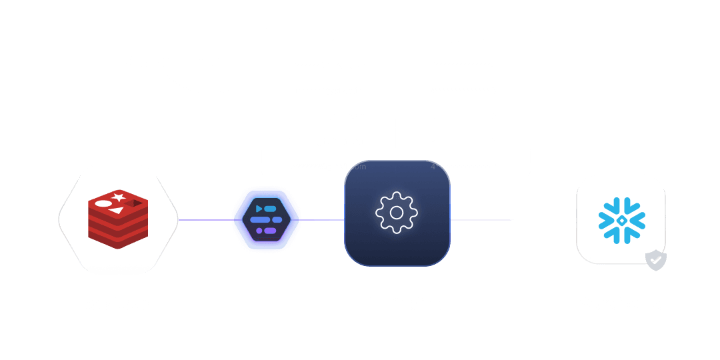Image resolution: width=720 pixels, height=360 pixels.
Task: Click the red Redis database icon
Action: (x=118, y=219)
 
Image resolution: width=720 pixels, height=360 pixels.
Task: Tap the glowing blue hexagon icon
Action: (x=266, y=219)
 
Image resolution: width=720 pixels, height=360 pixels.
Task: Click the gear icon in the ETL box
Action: (x=397, y=213)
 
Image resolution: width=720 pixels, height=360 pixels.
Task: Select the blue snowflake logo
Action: (x=621, y=219)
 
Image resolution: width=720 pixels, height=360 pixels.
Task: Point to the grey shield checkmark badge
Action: (x=656, y=260)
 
